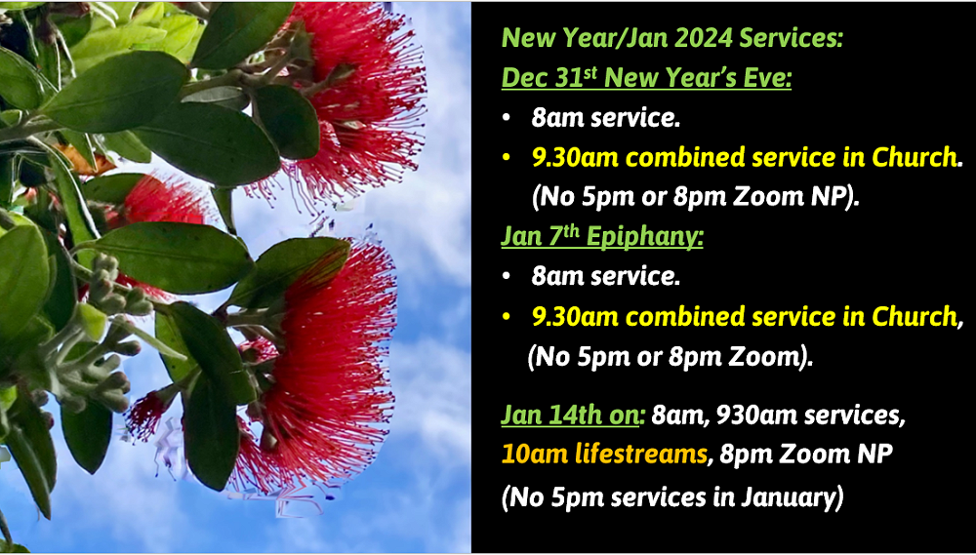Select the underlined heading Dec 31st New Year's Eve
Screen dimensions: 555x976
coord(646,78)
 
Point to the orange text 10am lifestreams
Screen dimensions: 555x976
coord(603,455)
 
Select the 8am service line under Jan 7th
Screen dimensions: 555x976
coord(605,277)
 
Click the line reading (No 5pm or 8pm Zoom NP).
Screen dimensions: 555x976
coord(696,197)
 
